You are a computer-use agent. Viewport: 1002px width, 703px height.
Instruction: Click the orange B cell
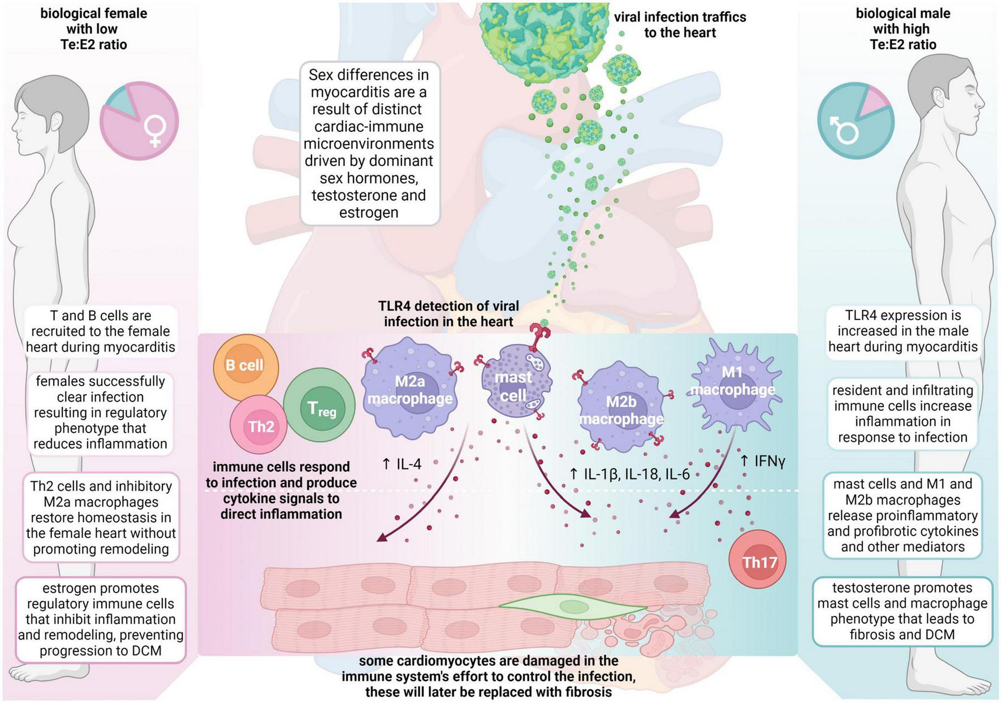pyautogui.click(x=245, y=366)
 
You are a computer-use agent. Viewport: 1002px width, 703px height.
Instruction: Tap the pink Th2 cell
pyautogui.click(x=259, y=426)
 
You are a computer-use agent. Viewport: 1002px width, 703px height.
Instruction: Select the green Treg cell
pyautogui.click(x=319, y=407)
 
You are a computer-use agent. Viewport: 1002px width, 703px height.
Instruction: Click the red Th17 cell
pyautogui.click(x=758, y=562)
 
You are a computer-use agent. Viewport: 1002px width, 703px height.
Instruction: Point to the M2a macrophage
pyautogui.click(x=410, y=390)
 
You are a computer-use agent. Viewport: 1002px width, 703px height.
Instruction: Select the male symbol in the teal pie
pyautogui.click(x=843, y=129)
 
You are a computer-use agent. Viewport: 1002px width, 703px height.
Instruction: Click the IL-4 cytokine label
pyautogui.click(x=402, y=464)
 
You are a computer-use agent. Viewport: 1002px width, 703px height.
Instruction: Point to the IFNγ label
pyautogui.click(x=763, y=461)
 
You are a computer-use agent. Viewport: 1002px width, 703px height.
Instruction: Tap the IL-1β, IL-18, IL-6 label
pyautogui.click(x=629, y=474)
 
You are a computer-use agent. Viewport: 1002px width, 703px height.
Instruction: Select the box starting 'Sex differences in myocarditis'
pyautogui.click(x=369, y=144)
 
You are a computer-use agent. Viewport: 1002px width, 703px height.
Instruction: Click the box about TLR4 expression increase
pyautogui.click(x=902, y=331)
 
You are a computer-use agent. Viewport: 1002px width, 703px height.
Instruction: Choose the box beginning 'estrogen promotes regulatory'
pyautogui.click(x=101, y=619)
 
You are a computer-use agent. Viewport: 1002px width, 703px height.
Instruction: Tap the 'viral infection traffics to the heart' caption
pyautogui.click(x=680, y=25)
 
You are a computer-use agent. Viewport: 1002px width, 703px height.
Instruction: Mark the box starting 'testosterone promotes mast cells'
pyautogui.click(x=902, y=611)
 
